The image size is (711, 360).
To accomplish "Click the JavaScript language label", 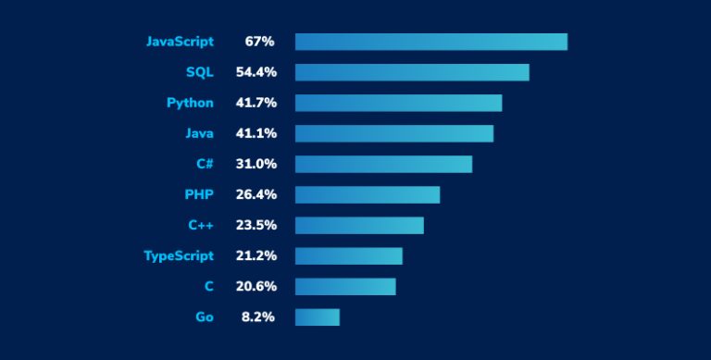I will [x=180, y=42].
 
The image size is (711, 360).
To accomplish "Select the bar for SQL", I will [x=412, y=72].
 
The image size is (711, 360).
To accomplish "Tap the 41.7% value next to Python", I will [x=256, y=103].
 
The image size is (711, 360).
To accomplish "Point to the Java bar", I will [x=394, y=133].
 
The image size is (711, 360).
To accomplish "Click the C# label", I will [x=204, y=164].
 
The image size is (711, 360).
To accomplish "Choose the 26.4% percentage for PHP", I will [x=256, y=194].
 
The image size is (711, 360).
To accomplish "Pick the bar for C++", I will [x=359, y=225].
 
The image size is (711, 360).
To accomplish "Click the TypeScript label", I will [x=179, y=255].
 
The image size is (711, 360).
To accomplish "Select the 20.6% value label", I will [x=256, y=286].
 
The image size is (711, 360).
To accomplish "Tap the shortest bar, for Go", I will [x=318, y=317].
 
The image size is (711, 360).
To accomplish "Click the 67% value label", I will [x=259, y=42].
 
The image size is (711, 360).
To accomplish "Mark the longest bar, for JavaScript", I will [x=431, y=42].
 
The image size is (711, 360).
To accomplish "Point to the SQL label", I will [x=199, y=72].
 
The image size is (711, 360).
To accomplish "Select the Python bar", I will [x=398, y=103].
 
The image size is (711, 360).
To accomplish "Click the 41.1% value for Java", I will [x=256, y=133].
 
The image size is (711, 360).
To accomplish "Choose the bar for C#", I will [x=383, y=164].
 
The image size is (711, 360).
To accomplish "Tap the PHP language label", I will [x=199, y=194].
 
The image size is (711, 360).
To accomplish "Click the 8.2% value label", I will [x=259, y=317].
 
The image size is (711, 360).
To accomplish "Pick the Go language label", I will [x=204, y=317].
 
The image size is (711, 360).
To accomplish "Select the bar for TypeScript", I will [x=349, y=255].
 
